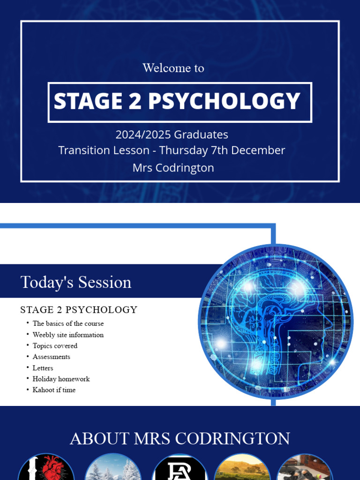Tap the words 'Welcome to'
[173, 68]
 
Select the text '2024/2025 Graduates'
[172, 135]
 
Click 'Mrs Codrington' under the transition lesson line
[173, 168]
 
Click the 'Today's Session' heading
[76, 282]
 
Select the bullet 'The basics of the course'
[68, 323]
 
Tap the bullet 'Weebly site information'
[68, 335]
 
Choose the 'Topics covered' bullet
[55, 346]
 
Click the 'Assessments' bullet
[52, 357]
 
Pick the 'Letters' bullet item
[43, 368]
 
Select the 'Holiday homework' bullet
[61, 379]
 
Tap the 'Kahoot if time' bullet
[54, 390]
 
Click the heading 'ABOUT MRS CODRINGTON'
[180, 439]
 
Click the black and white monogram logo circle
[180, 469]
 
